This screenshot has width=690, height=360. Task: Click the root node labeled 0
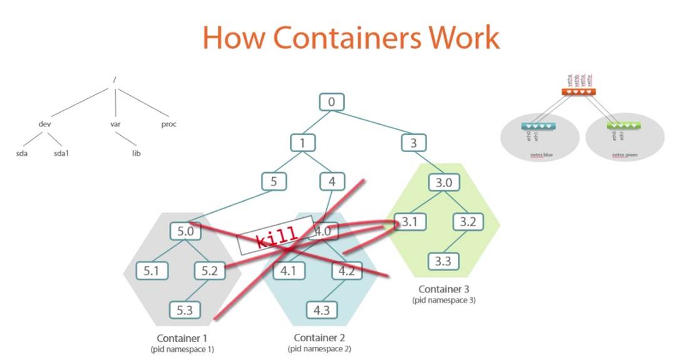pyautogui.click(x=332, y=102)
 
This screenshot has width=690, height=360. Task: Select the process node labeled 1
pyautogui.click(x=302, y=143)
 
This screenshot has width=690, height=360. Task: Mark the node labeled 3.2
pyautogui.click(x=468, y=222)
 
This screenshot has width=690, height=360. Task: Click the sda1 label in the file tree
pyautogui.click(x=61, y=152)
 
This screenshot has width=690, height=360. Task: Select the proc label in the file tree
pyautogui.click(x=169, y=124)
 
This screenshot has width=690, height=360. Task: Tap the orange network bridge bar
pyautogui.click(x=578, y=91)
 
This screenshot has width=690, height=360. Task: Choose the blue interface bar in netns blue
pyautogui.click(x=538, y=126)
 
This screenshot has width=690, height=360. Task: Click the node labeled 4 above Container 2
pyautogui.click(x=332, y=182)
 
